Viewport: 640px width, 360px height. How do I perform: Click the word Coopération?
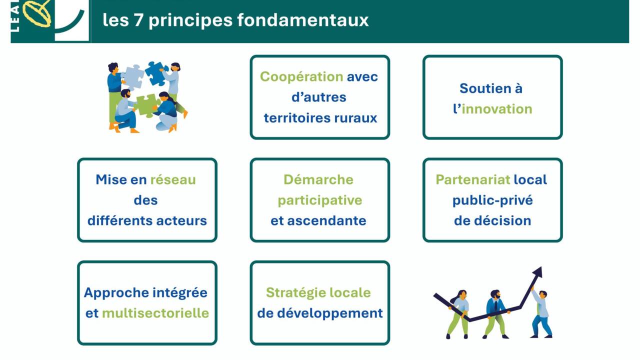point(301,77)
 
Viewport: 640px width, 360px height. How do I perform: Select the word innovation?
point(496,109)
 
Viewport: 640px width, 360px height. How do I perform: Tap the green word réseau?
point(173,179)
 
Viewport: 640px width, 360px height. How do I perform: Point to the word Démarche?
point(318,179)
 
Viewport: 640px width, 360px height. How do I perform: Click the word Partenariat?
point(473,179)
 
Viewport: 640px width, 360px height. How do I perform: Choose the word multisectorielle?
point(155,313)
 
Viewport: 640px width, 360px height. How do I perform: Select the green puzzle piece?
point(146,105)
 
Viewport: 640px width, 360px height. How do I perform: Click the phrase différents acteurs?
point(147,221)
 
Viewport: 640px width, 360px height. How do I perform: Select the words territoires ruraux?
point(320,118)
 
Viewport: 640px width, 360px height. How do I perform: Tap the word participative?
point(320,200)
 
